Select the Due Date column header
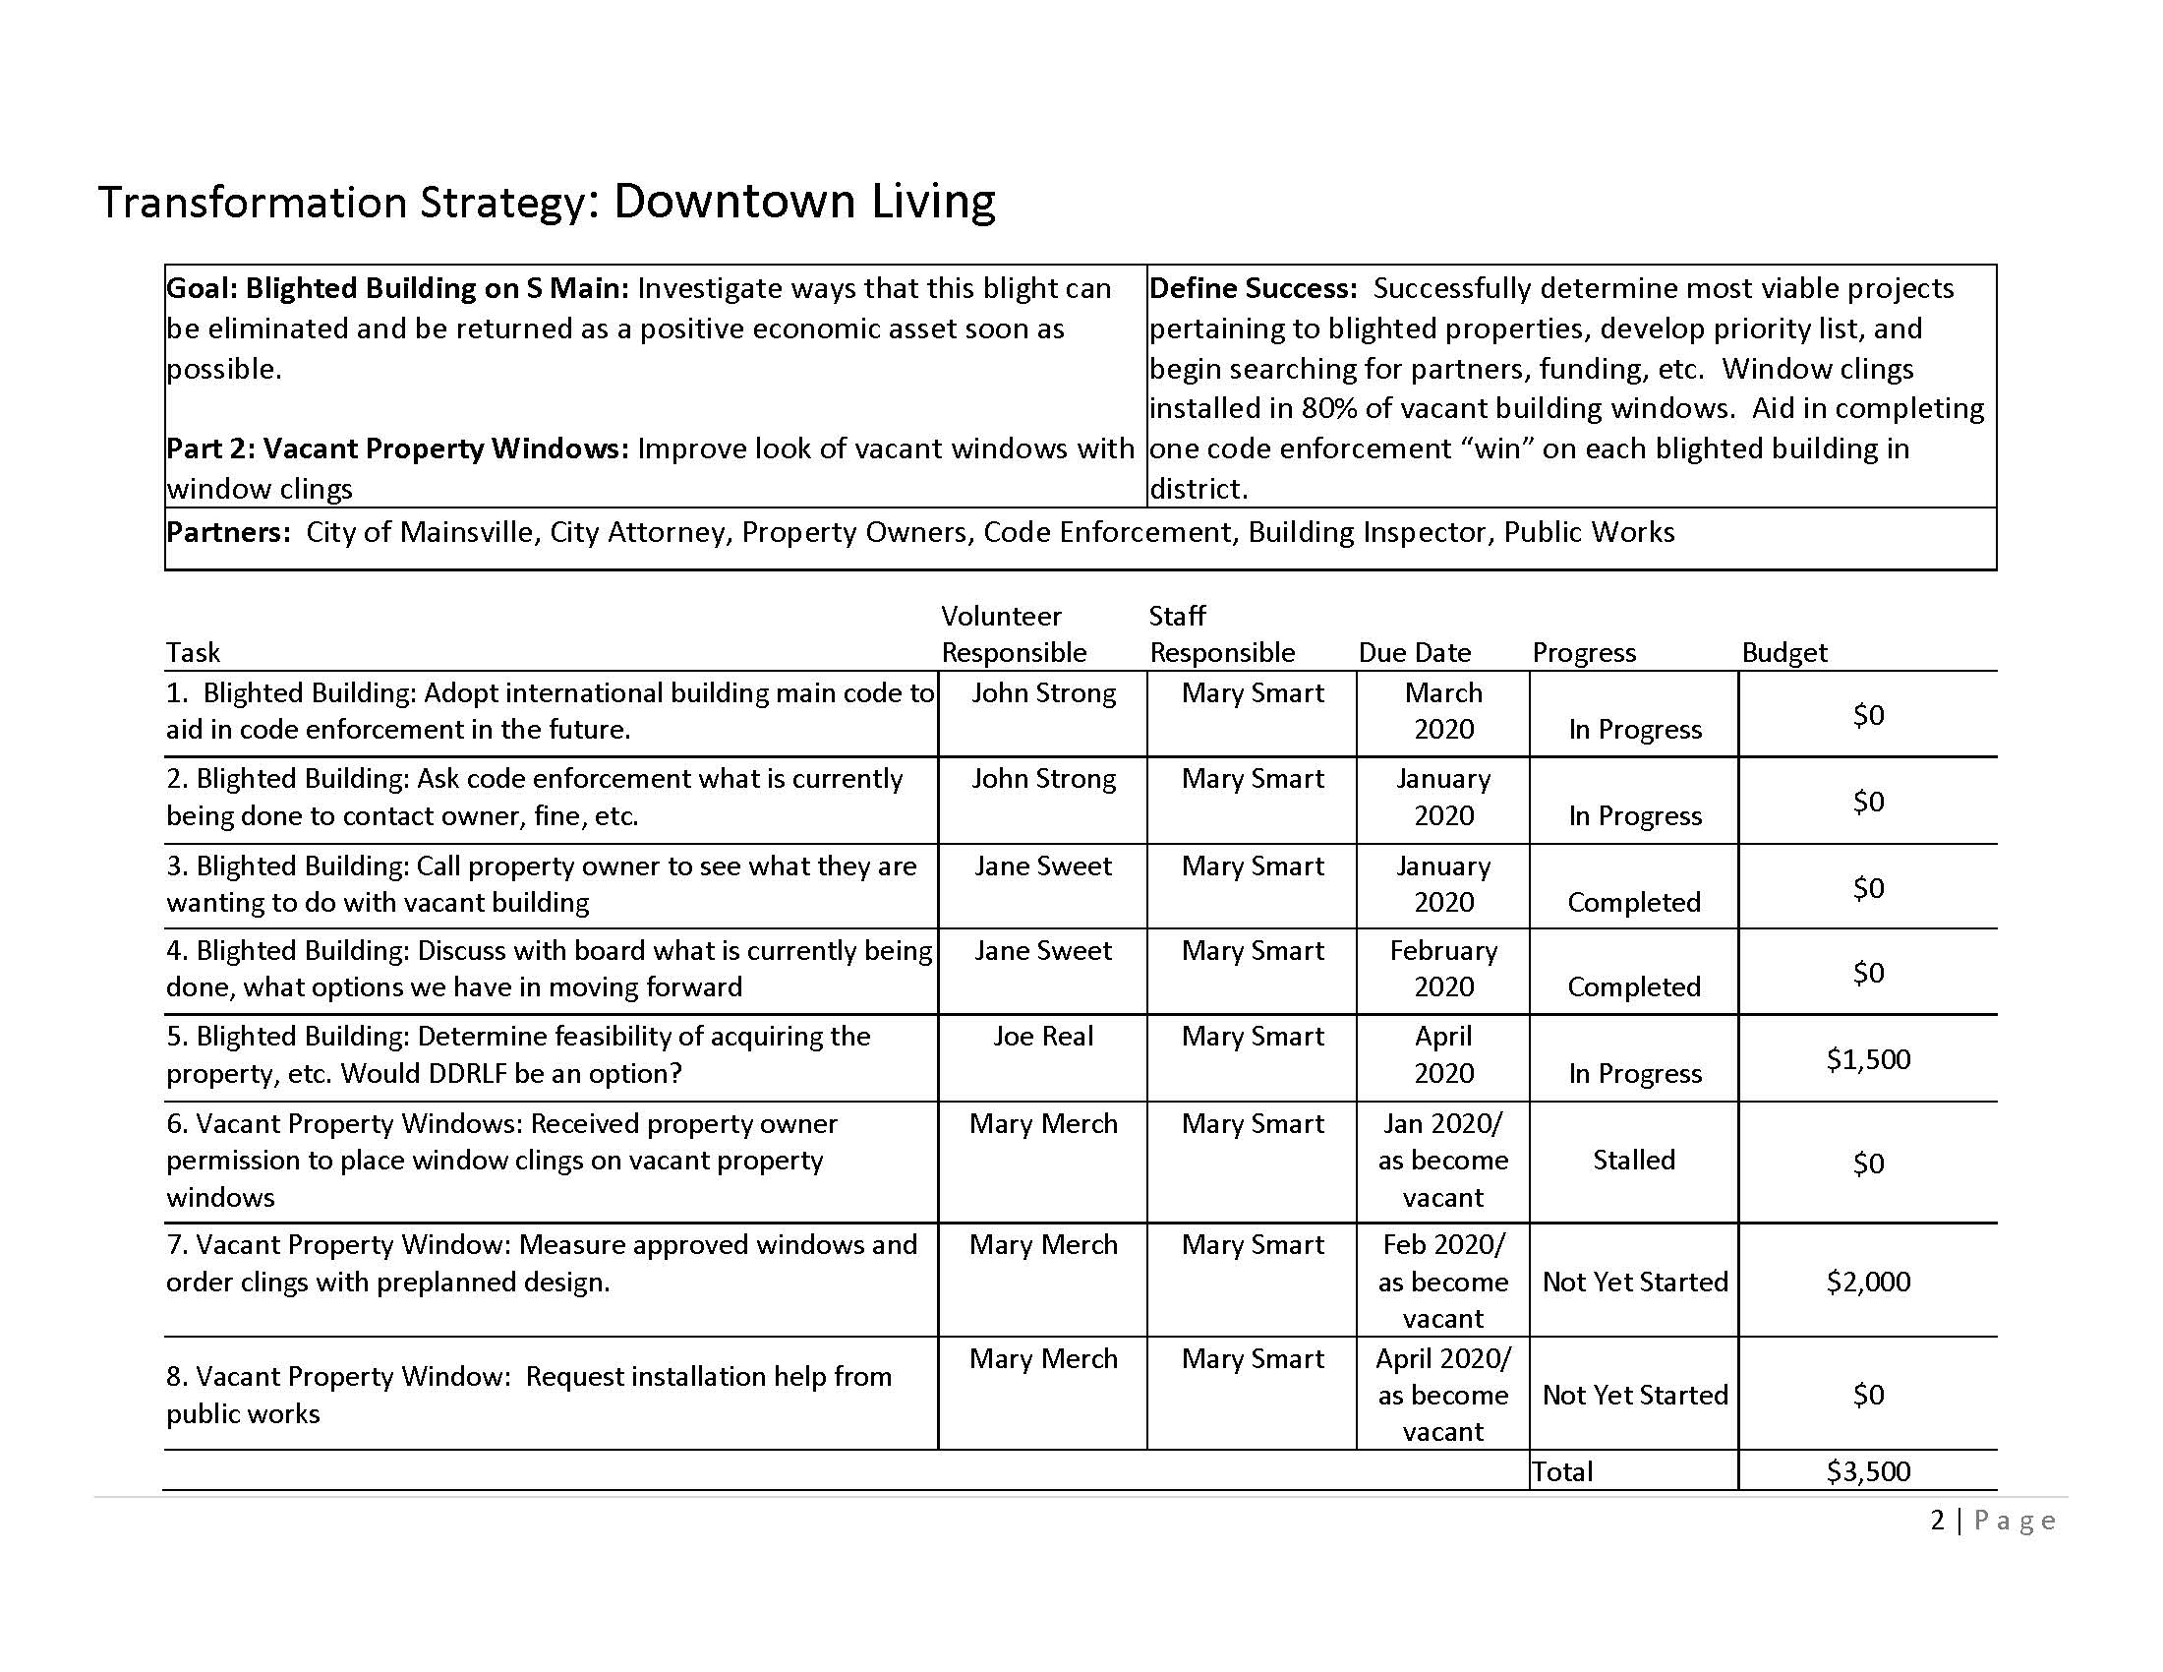pos(1413,652)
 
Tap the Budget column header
pos(1783,652)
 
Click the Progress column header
pos(1584,652)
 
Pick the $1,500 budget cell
pos(1868,1059)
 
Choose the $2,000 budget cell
pos(1868,1281)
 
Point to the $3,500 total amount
pos(1868,1471)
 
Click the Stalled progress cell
pos(1633,1160)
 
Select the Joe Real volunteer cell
pos(1043,1036)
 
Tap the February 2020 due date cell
pos(1443,969)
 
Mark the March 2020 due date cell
pos(1443,711)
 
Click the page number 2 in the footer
pos(1937,1520)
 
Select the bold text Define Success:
pos(1253,288)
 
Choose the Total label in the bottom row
pos(1562,1472)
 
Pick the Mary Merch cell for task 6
pos(1043,1123)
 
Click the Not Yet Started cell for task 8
pos(1634,1395)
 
